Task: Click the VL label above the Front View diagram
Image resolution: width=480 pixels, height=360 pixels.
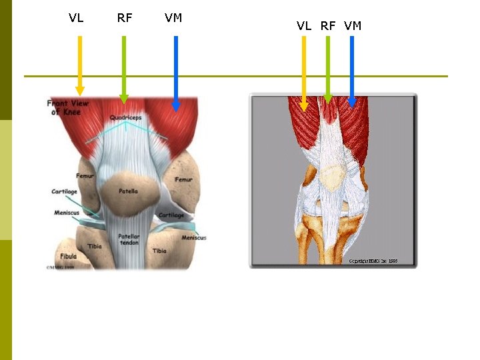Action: pos(76,18)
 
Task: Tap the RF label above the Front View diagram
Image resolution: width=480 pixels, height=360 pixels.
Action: pos(125,18)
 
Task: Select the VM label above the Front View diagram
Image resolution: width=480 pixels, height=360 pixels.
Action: pos(173,18)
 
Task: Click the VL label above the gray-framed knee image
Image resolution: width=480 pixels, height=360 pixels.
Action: pos(304,26)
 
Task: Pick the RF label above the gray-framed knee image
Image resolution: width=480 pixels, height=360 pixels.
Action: pos(328,26)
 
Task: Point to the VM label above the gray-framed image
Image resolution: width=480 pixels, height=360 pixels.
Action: pos(353,26)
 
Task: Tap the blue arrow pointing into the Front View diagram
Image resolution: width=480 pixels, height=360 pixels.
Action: pos(176,73)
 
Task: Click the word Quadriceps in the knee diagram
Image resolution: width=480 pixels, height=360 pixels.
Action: pos(125,118)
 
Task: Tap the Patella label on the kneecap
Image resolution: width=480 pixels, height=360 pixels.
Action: pos(128,191)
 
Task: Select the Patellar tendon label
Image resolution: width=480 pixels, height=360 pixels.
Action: pos(129,240)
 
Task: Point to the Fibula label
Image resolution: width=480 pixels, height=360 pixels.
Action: pos(67,256)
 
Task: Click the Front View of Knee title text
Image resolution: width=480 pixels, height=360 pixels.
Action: pos(68,107)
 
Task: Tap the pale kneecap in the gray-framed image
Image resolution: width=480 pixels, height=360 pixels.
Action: pos(332,177)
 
